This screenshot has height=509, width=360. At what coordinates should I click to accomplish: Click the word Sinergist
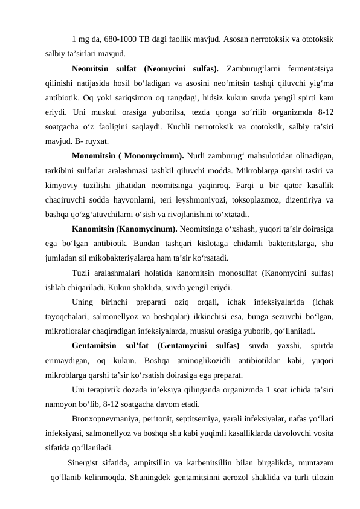pyautogui.click(x=85, y=464)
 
